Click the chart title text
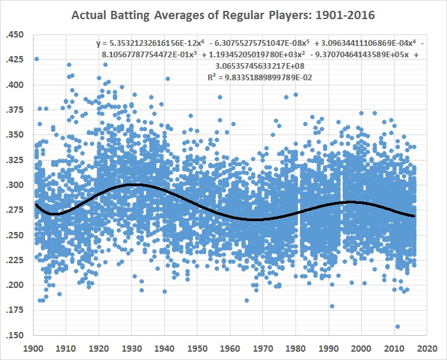click(x=223, y=15)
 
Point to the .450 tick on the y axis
click(x=17, y=34)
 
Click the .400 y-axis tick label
click(x=17, y=85)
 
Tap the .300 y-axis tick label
click(x=17, y=185)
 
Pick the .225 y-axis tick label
click(x=17, y=261)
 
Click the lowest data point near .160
click(x=397, y=327)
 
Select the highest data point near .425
click(x=36, y=59)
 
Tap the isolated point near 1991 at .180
click(x=332, y=306)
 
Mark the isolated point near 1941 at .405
click(x=167, y=79)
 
